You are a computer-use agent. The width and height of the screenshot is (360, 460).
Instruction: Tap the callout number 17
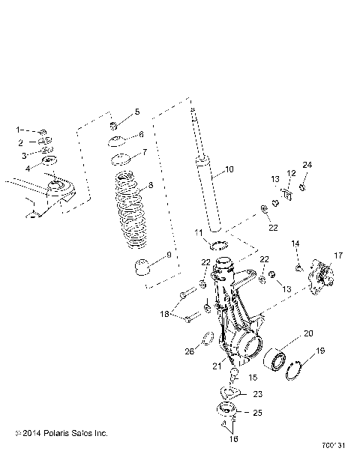(338, 255)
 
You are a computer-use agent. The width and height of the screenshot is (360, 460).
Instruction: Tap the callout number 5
(136, 112)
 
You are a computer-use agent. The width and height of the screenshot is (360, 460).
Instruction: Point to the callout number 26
(190, 350)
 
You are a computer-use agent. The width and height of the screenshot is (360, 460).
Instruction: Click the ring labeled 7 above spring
(121, 160)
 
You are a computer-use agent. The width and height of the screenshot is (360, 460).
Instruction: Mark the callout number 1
(21, 130)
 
